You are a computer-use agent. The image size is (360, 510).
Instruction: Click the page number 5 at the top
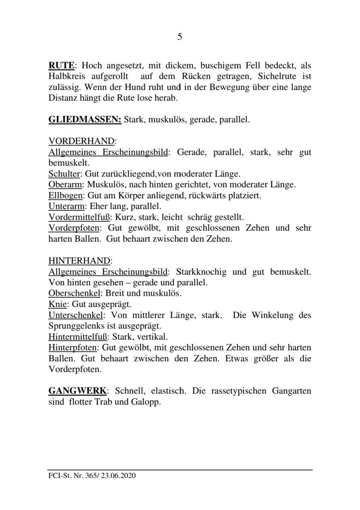click(180, 37)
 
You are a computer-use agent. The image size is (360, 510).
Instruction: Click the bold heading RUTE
click(61, 65)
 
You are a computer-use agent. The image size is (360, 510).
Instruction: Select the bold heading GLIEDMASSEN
click(85, 120)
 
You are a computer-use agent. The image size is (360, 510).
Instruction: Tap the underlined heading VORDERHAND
click(81, 141)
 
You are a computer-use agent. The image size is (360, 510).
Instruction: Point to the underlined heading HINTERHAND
click(79, 261)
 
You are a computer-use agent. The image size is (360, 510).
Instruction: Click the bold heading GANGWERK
click(77, 391)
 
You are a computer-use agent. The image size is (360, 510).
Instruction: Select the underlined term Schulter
click(65, 174)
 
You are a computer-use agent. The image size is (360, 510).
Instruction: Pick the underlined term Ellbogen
click(65, 196)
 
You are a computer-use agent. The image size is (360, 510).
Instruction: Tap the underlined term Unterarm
click(66, 206)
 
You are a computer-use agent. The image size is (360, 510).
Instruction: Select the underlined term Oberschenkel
click(74, 293)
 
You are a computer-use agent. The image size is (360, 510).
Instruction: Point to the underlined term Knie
click(57, 304)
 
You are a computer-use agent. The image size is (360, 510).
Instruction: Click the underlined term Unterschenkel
click(75, 315)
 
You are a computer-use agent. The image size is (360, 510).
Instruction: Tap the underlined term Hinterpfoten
click(72, 348)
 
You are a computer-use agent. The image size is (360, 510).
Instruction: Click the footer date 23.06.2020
click(118, 476)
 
